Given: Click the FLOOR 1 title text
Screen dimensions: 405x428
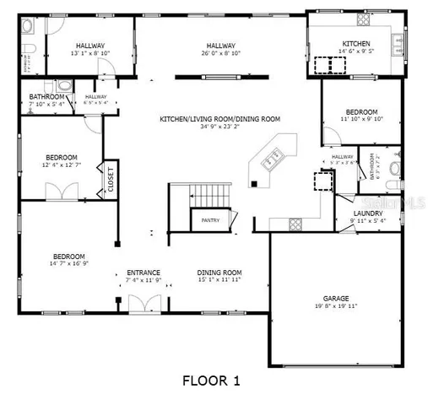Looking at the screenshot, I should pyautogui.click(x=217, y=381).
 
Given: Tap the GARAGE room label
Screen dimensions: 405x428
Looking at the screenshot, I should pyautogui.click(x=335, y=298).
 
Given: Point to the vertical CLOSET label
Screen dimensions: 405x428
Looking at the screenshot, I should pyautogui.click(x=110, y=180).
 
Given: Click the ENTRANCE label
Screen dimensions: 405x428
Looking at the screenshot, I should pyautogui.click(x=144, y=272).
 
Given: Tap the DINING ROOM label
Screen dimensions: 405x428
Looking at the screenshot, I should pyautogui.click(x=219, y=272).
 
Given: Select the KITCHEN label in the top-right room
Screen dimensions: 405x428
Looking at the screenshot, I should pyautogui.click(x=355, y=44).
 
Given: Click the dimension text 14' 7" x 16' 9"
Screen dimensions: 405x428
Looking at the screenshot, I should pyautogui.click(x=69, y=263).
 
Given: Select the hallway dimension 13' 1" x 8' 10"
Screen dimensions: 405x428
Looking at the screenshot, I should pyautogui.click(x=90, y=52).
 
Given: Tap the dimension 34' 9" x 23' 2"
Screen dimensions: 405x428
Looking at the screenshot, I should pyautogui.click(x=219, y=127).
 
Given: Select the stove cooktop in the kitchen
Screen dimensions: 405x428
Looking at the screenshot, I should pyautogui.click(x=323, y=63).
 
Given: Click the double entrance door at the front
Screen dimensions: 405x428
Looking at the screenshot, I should pyautogui.click(x=144, y=305).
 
